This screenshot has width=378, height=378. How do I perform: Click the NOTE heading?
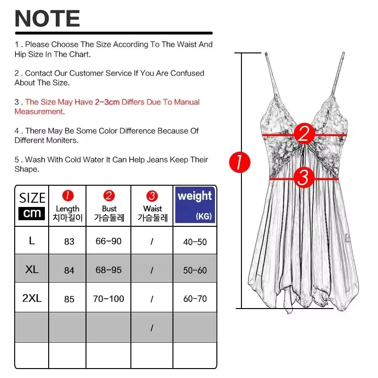point(47,18)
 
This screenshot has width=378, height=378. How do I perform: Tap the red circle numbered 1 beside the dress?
point(240,162)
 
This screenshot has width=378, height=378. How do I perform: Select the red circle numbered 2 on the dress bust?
point(304,134)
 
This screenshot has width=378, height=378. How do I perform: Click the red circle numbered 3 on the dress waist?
point(304,178)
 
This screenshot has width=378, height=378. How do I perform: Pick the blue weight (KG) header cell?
point(195,205)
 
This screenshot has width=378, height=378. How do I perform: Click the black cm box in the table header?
point(32,214)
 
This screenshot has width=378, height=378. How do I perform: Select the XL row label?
point(32,269)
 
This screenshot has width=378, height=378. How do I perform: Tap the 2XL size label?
point(32,298)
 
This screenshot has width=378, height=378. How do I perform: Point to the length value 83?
point(69,241)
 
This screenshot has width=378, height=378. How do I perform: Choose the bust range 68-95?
point(109,270)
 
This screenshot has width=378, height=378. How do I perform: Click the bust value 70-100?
point(109,299)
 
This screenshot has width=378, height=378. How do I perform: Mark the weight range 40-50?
point(195,242)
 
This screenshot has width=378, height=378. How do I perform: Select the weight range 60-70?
point(195,299)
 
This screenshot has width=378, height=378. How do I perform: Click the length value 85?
point(69,299)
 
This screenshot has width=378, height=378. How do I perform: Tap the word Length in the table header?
point(68,209)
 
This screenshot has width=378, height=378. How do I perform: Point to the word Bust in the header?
point(109,208)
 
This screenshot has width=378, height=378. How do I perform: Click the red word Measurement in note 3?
point(39,112)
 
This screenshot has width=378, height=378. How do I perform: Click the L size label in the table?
point(32,241)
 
